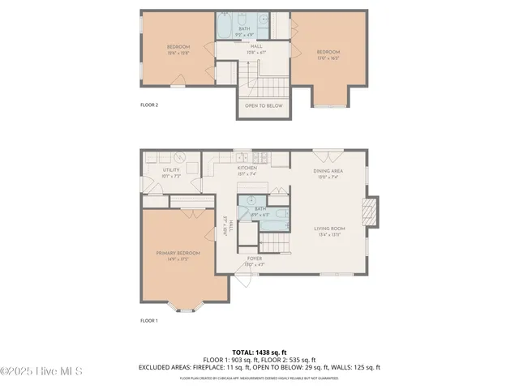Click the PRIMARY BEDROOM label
tap(178, 253)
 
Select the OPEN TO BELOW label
tap(264, 105)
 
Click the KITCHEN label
tap(247, 168)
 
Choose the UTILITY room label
tap(170, 170)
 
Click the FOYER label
tap(254, 259)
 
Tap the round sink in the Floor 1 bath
tap(251, 201)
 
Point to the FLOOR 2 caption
tap(149, 105)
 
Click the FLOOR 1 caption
tap(149, 321)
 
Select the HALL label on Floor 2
tap(255, 47)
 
